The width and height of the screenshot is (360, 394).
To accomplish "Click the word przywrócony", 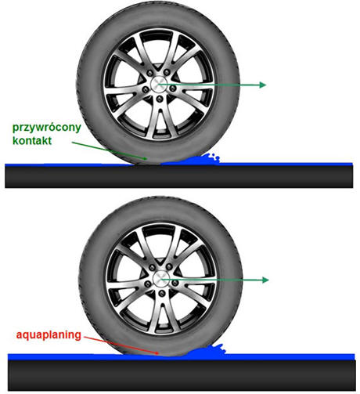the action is pos(47,128).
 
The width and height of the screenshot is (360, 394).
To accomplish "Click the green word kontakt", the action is pos(32,141).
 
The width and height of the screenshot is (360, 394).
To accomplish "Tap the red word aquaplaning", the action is pos(49,335).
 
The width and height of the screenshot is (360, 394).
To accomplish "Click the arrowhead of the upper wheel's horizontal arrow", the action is pos(262,85).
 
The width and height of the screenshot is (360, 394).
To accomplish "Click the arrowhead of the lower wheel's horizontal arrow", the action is pos(265,280).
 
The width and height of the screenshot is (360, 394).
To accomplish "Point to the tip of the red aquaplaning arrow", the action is pos(159,354).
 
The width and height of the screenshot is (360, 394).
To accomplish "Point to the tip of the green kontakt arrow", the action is pos(146,159).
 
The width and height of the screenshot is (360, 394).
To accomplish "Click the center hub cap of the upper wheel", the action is pos(159,85).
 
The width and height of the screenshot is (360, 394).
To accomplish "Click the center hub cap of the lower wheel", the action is pos(161,279).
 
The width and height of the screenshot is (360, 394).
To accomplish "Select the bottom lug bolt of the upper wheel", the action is pos(160,99).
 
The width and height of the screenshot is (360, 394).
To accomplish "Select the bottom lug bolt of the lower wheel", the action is pos(162,293).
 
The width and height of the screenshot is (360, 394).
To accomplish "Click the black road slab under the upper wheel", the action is pos(179,176).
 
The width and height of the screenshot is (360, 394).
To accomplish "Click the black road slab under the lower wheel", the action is pos(182,375).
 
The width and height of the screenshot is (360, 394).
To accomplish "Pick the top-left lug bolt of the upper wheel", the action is pos(149,74).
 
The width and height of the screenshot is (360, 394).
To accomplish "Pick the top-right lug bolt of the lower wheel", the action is pos(169,267).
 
